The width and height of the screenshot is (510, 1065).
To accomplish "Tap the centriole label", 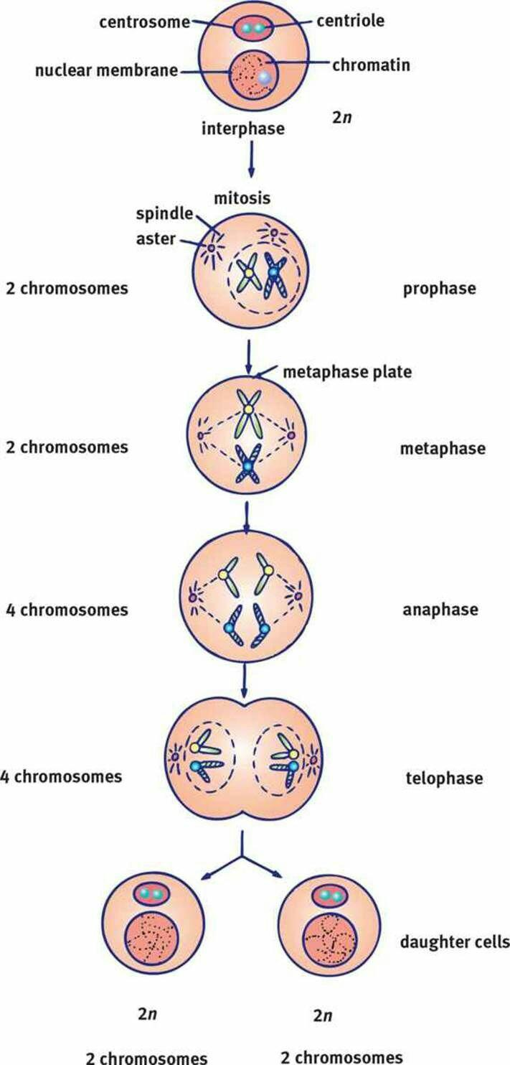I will coord(351,21).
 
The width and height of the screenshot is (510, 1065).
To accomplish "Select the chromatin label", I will coord(371,65).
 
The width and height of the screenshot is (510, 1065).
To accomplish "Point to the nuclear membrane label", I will coord(107,72).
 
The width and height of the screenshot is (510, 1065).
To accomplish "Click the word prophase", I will coord(440,289).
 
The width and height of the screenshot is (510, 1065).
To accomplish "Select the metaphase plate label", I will coord(346,372).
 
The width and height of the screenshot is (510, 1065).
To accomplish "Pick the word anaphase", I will coord(440,610).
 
